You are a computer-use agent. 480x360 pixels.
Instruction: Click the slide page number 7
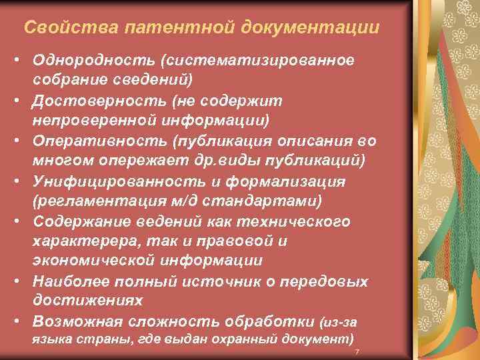coord(357,351)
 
